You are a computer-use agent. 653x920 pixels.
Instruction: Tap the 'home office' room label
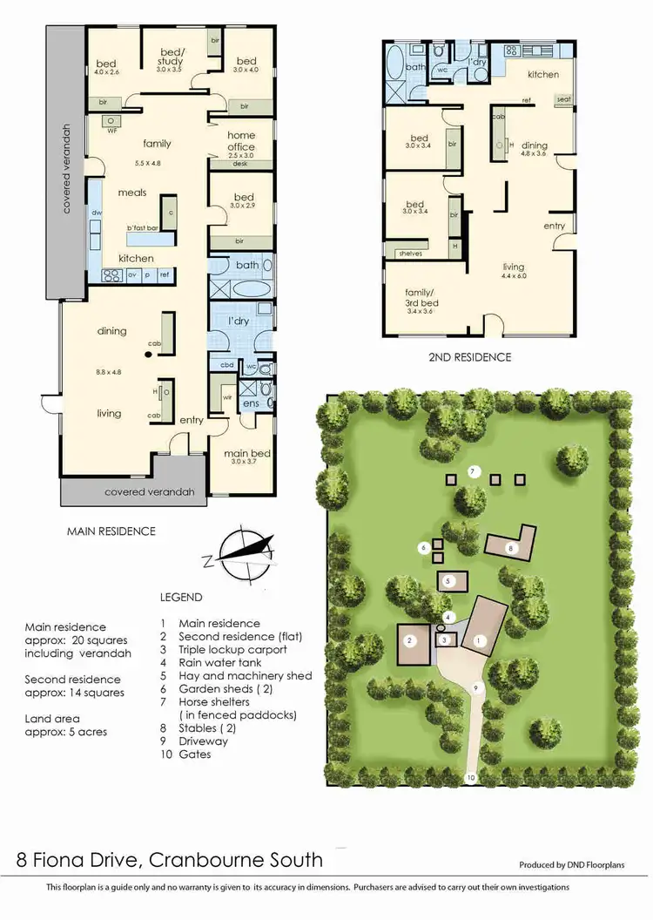click(241, 141)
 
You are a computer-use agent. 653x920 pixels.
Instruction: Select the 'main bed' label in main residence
click(247, 454)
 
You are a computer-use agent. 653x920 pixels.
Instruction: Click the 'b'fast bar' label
click(142, 228)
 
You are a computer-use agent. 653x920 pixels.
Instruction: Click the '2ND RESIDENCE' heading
click(469, 356)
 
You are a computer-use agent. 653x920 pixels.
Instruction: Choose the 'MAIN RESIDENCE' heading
click(111, 531)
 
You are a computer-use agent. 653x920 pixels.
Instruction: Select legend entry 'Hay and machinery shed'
click(245, 675)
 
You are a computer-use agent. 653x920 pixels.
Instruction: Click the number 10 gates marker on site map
click(471, 776)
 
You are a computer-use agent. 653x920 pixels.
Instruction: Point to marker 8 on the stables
click(512, 548)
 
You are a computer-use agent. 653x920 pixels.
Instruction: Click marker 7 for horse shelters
click(473, 471)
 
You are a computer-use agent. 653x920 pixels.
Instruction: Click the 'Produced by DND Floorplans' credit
click(572, 865)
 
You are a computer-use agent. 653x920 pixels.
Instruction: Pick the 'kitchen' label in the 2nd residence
click(542, 75)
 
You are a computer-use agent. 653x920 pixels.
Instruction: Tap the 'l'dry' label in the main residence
click(239, 321)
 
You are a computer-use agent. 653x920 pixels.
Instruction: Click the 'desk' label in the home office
click(240, 164)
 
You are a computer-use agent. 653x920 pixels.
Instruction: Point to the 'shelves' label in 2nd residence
click(408, 254)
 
